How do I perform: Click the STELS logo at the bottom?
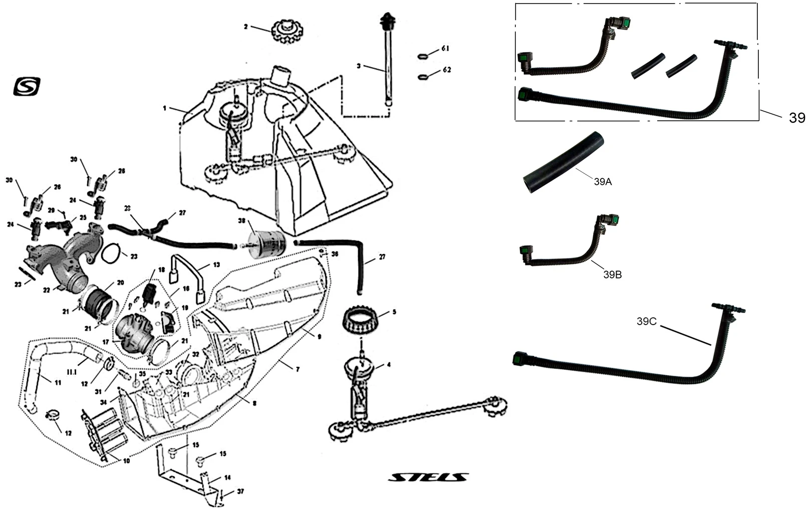[428, 477]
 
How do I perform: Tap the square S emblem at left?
[27, 86]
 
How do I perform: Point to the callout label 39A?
[603, 182]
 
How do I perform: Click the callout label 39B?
[612, 275]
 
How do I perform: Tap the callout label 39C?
[646, 322]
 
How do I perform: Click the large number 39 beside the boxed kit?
[797, 118]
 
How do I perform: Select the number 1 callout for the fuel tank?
[164, 108]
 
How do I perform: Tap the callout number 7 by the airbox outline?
[298, 369]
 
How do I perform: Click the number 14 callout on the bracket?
[227, 477]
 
